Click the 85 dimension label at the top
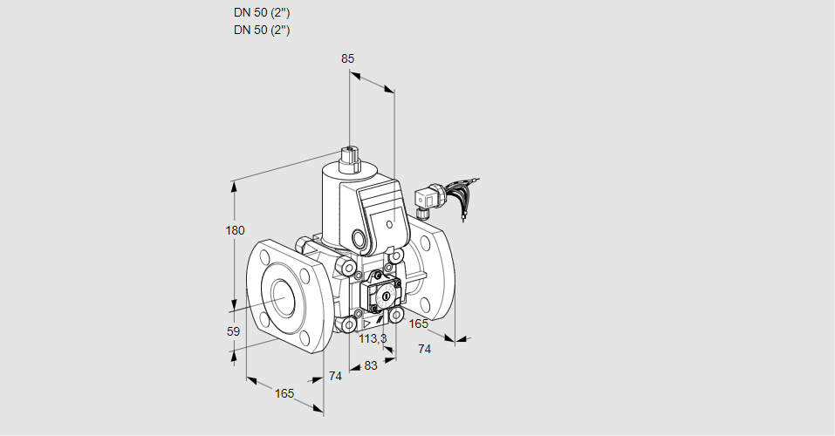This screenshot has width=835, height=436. point(347,58)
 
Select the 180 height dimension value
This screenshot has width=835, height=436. point(236,230)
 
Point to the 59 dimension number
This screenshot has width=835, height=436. point(233,331)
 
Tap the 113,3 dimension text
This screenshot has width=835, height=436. point(373,339)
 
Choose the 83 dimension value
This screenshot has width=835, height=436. point(371,365)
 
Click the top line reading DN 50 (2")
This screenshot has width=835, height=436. point(262,13)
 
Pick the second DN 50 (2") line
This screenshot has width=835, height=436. point(262,30)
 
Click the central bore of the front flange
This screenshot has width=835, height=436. point(283,297)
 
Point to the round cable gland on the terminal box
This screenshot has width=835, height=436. point(359,237)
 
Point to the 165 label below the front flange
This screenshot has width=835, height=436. point(284,393)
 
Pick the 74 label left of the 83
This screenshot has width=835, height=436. point(335,376)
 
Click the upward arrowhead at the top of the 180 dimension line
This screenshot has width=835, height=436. point(234,185)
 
